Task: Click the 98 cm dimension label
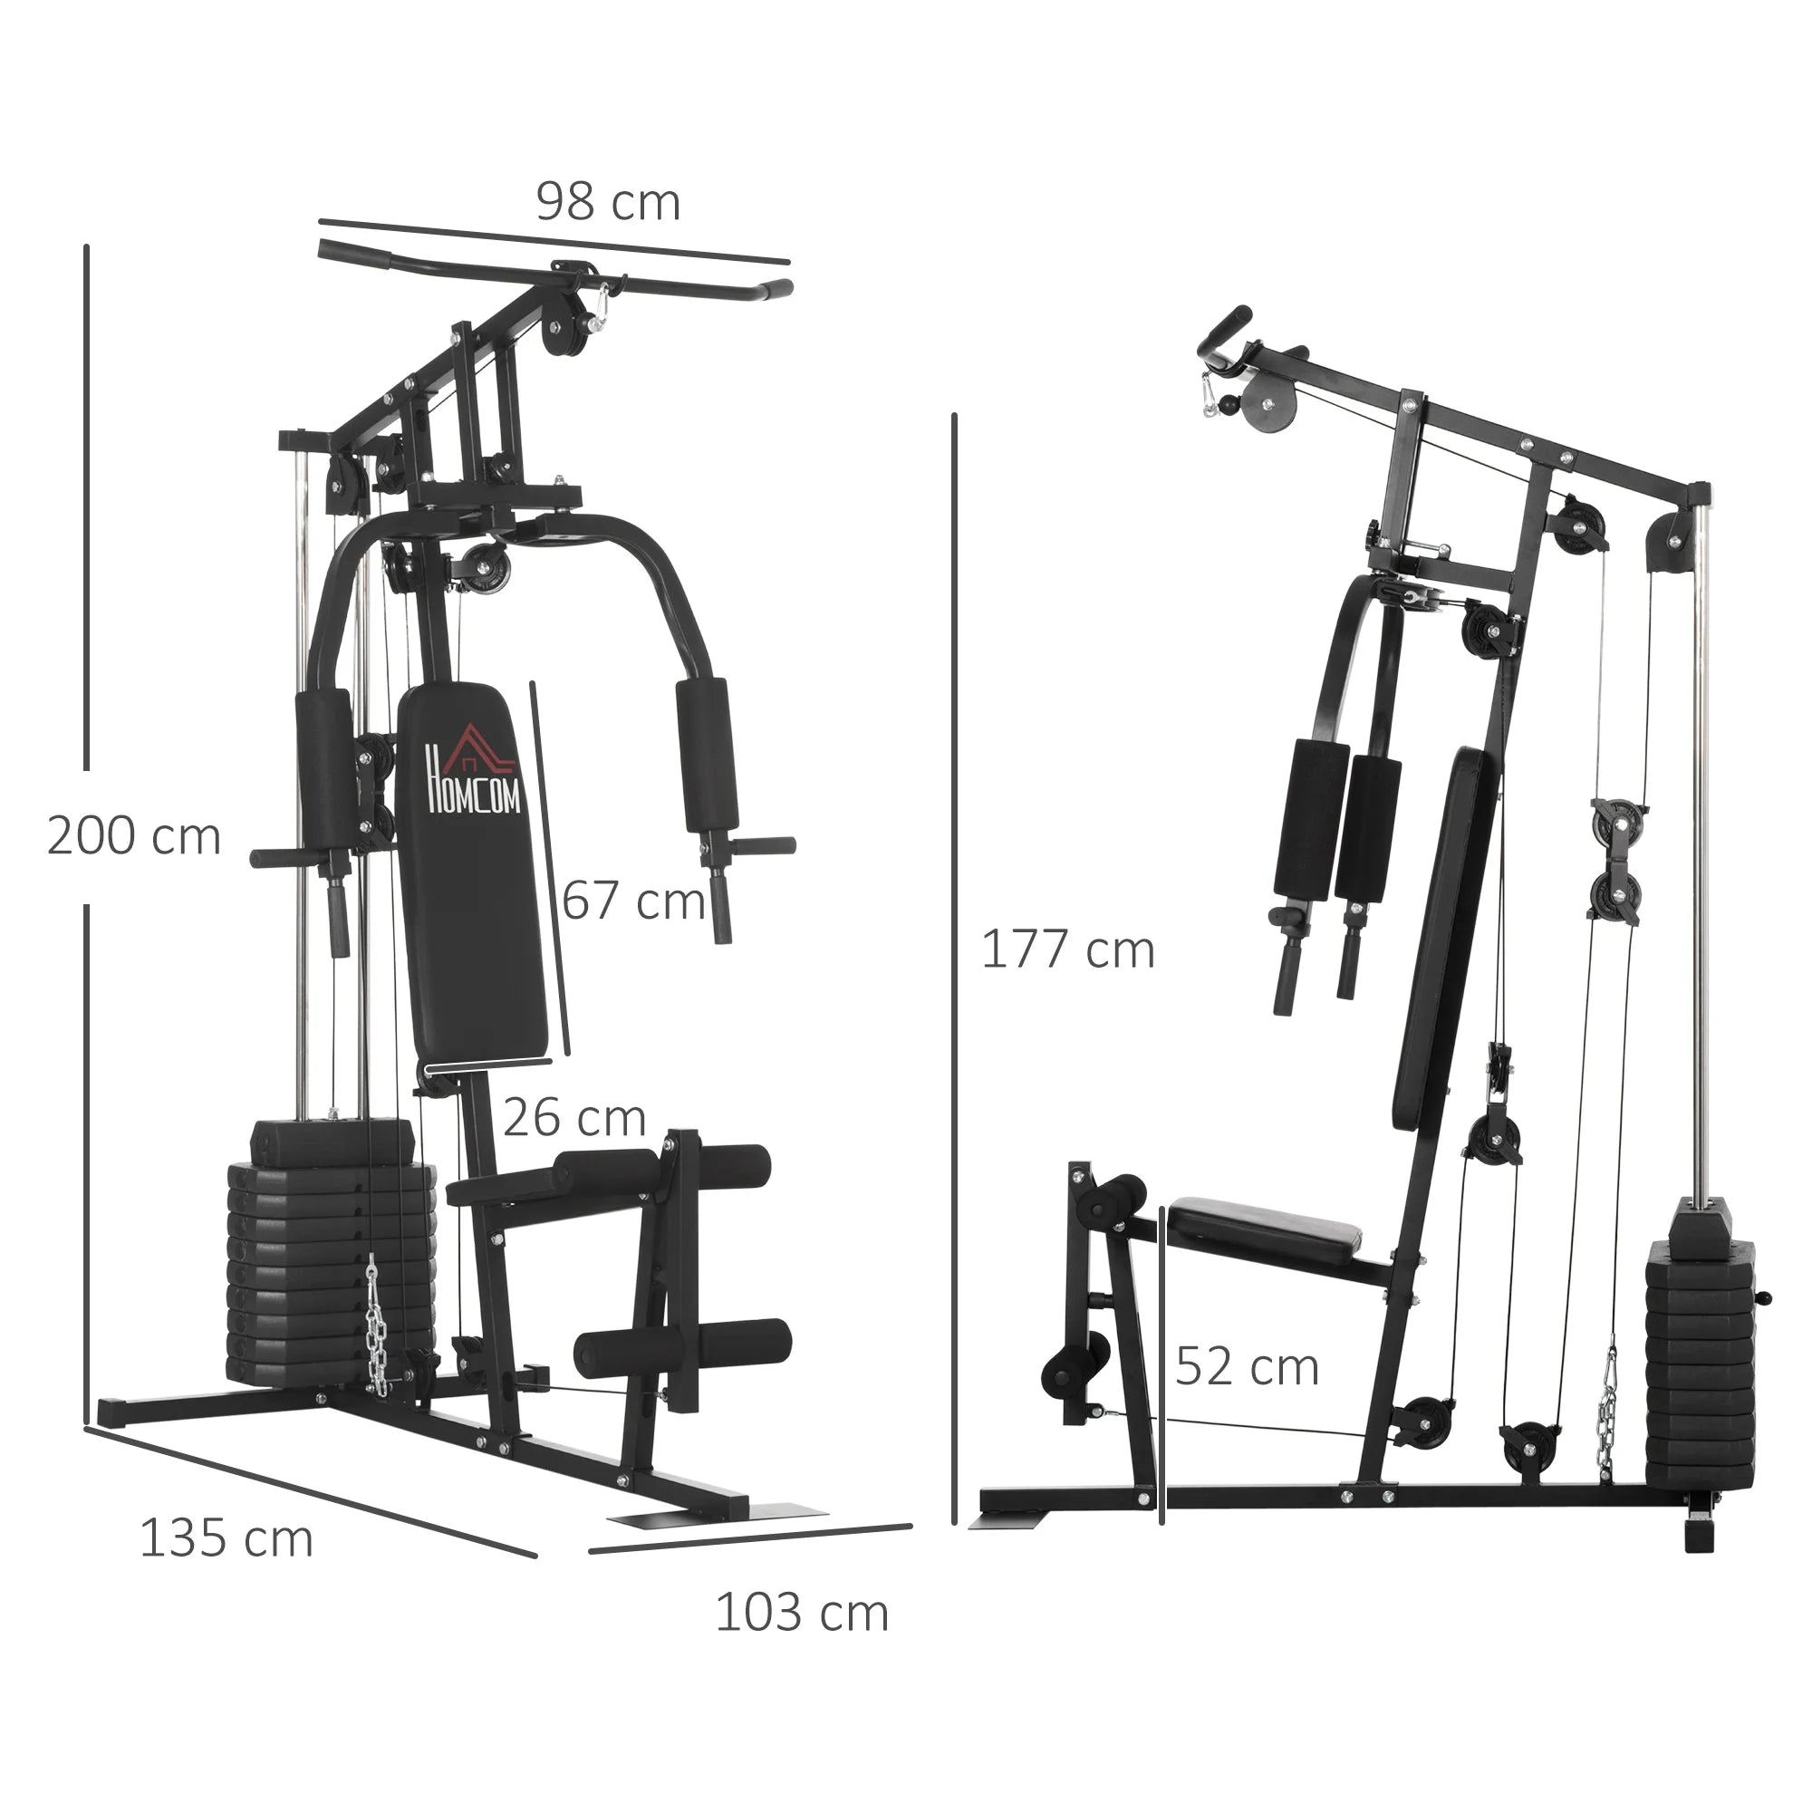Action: [x=608, y=203]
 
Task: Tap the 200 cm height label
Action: [x=134, y=836]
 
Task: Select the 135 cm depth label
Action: [x=226, y=1539]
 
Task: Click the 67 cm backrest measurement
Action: [x=634, y=901]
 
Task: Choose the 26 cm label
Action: [x=574, y=1118]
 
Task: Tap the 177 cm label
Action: [x=1067, y=950]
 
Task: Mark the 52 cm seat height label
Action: [x=1247, y=1366]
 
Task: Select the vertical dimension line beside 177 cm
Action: [x=954, y=966]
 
